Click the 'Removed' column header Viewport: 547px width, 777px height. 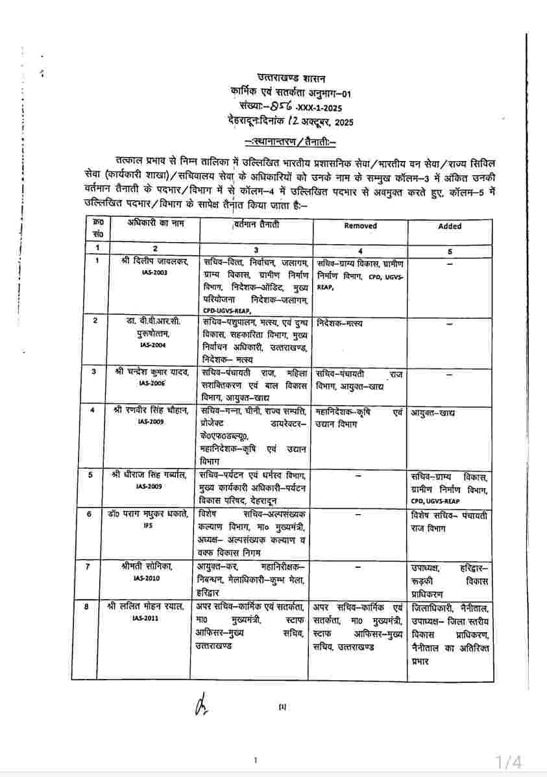pyautogui.click(x=360, y=226)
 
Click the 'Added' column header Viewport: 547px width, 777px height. pyautogui.click(x=450, y=226)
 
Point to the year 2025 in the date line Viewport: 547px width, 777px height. pyautogui.click(x=341, y=122)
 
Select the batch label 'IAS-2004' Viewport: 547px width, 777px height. pyautogui.click(x=155, y=345)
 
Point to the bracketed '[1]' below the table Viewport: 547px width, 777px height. pyautogui.click(x=282, y=706)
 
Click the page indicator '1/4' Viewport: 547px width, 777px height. pyautogui.click(x=509, y=761)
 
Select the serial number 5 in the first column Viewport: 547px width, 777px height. pyautogui.click(x=90, y=475)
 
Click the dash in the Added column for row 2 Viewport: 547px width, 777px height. pyautogui.click(x=450, y=323)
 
